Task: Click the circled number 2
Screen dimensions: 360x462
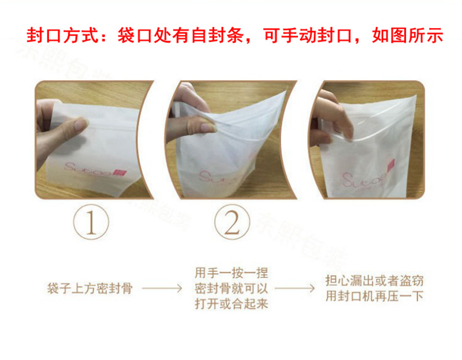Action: pos(232,222)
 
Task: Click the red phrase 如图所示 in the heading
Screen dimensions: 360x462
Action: pos(407,36)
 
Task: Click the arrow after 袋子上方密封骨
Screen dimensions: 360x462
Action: pos(163,287)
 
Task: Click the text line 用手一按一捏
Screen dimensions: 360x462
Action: pos(231,271)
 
